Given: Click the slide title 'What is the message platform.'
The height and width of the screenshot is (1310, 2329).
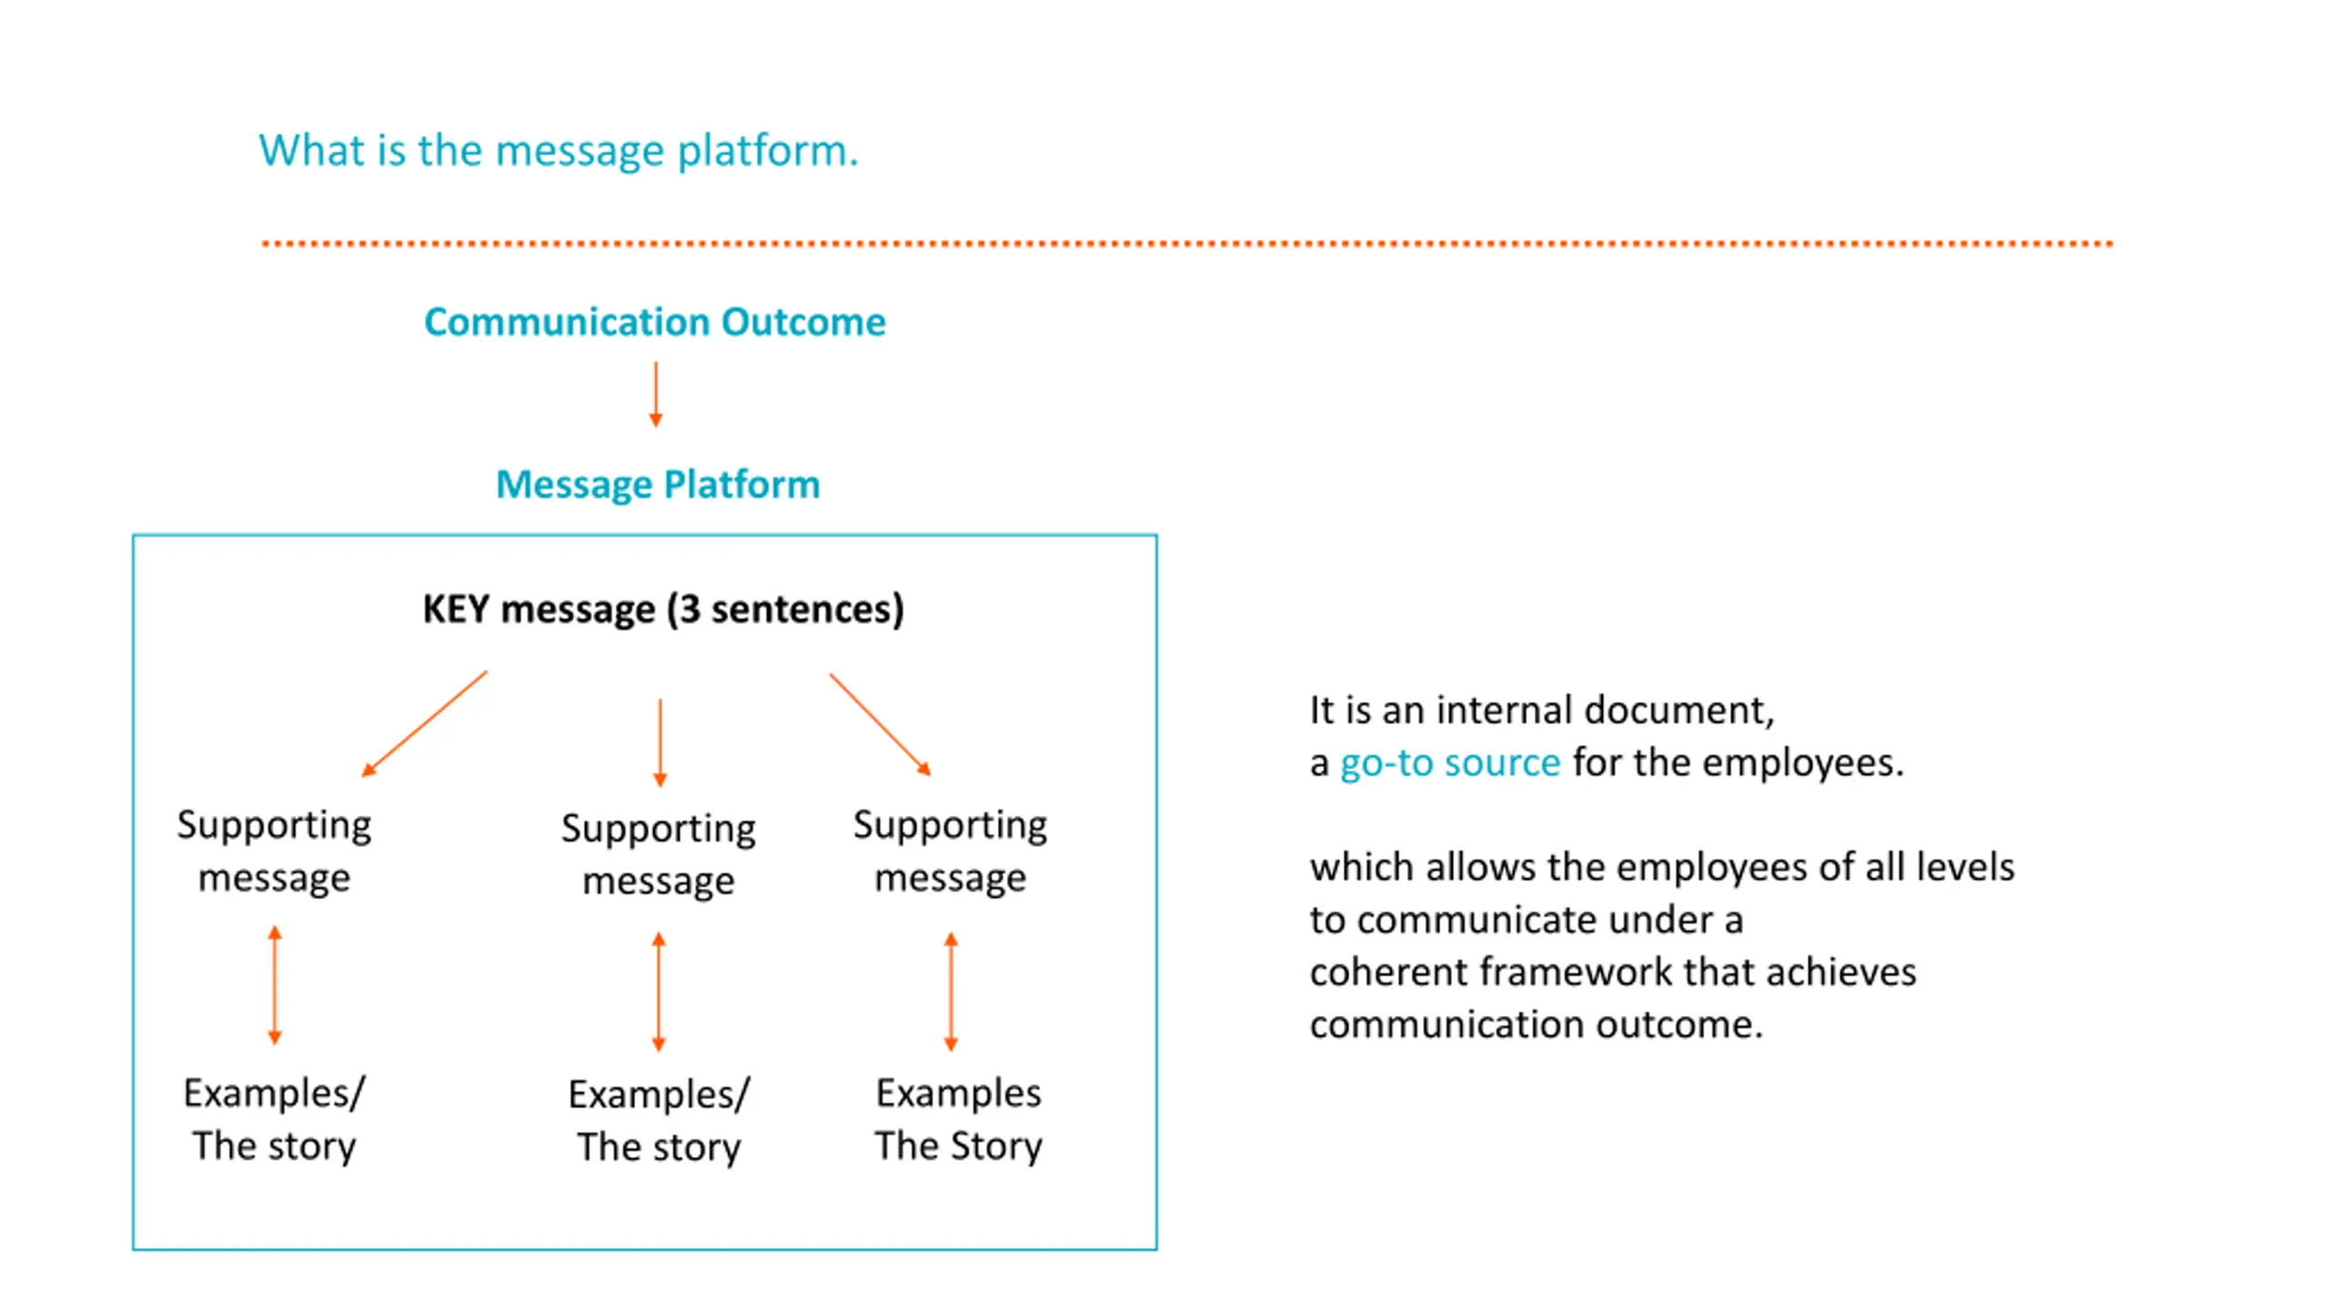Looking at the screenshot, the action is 559,150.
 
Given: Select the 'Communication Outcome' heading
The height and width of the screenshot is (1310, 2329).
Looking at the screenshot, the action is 655,322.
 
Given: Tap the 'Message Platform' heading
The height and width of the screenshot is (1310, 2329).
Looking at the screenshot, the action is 658,485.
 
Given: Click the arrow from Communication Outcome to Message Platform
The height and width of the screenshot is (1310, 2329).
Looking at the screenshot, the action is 655,394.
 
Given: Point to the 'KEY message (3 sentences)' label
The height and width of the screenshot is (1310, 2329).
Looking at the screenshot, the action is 663,609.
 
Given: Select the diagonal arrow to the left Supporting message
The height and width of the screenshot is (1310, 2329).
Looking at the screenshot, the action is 424,724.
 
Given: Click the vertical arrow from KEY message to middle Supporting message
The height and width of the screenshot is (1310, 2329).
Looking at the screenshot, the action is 660,742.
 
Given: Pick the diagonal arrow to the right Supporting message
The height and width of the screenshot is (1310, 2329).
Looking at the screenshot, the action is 881,724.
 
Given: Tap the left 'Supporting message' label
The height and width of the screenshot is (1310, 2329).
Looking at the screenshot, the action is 274,851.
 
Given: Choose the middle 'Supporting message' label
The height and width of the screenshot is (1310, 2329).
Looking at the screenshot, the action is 659,854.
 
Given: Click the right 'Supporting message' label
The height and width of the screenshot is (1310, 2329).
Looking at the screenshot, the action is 951,851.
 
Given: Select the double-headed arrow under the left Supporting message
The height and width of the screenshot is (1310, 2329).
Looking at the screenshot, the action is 275,985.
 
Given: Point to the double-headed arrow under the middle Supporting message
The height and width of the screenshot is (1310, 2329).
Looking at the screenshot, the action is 660,992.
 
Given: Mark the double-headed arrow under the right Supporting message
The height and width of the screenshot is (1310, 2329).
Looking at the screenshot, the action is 952,992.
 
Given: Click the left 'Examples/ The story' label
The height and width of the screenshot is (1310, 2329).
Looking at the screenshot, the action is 274,1119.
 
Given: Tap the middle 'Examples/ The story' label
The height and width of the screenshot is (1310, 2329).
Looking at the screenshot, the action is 659,1121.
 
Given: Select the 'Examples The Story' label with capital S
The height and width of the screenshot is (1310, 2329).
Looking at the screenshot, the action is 959,1119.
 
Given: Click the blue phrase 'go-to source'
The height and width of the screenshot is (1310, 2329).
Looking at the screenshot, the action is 1450,762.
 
